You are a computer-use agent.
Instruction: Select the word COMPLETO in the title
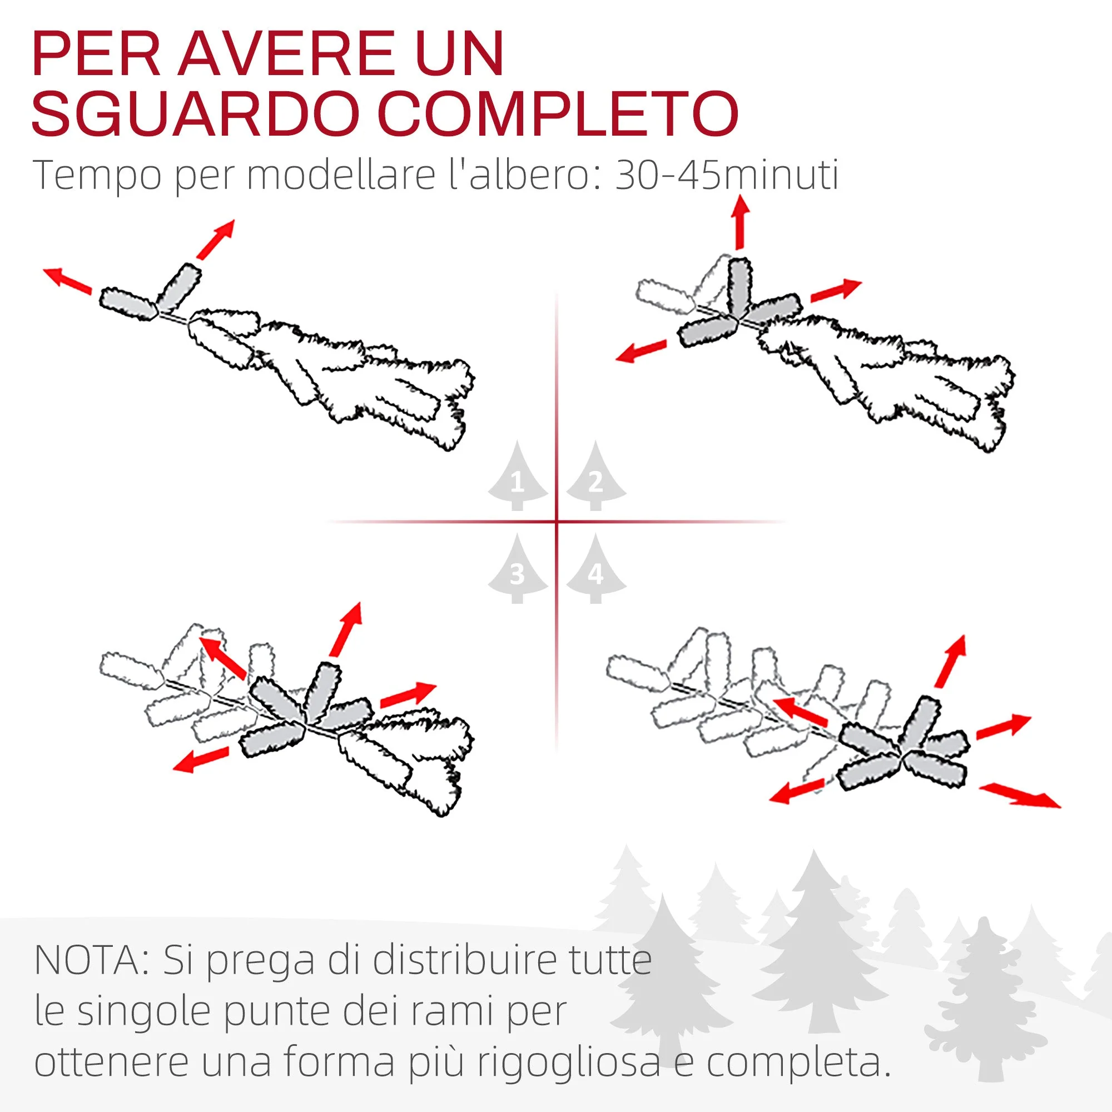(x=558, y=113)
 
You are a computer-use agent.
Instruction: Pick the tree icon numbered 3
(x=518, y=568)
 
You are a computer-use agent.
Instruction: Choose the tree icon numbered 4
(x=595, y=568)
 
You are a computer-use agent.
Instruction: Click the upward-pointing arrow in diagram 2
(x=740, y=222)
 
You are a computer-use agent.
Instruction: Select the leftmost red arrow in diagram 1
(x=68, y=281)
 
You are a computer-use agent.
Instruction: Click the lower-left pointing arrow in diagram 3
(x=201, y=759)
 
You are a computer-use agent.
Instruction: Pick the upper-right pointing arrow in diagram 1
(x=215, y=239)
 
